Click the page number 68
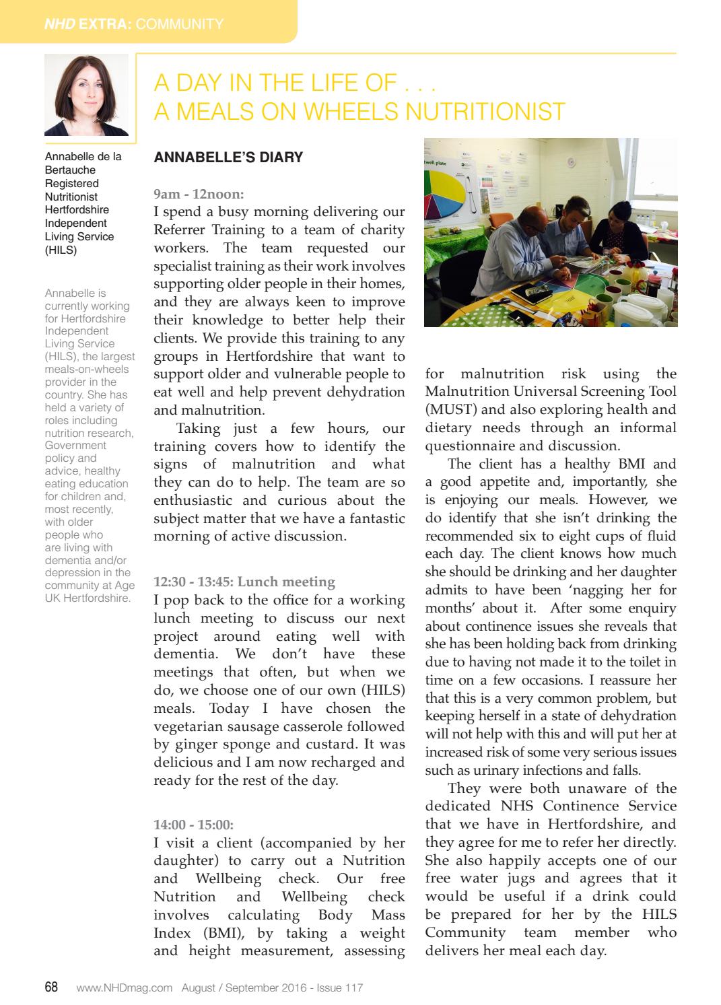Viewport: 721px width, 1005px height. [51, 987]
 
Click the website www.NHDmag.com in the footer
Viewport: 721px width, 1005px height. [125, 988]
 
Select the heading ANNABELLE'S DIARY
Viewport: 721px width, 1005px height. [228, 158]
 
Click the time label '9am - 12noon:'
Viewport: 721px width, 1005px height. [199, 194]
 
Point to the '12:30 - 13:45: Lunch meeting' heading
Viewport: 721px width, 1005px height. [244, 582]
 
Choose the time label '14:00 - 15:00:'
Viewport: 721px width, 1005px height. [193, 825]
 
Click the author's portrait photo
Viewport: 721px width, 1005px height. [86, 95]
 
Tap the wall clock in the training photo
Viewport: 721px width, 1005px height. [571, 162]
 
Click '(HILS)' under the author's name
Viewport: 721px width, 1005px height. [61, 250]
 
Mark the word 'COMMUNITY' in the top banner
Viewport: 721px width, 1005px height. [179, 24]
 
